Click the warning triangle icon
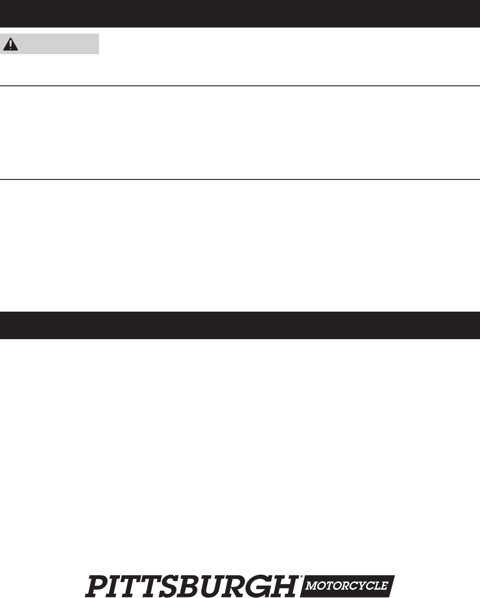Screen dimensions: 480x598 [11, 44]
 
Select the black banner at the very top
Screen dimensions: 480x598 [240, 14]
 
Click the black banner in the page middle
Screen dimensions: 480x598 [240, 325]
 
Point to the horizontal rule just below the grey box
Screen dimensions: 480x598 [240, 86]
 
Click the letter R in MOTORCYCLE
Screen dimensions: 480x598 [346, 586]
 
